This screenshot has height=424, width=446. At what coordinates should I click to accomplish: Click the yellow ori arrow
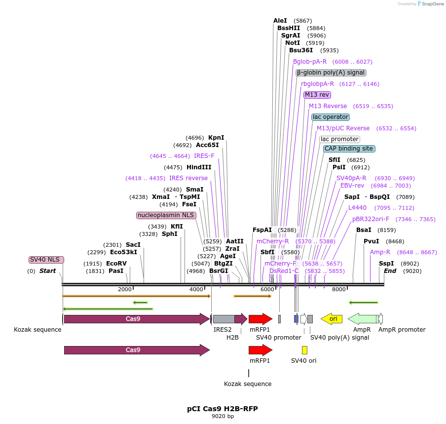pos(332,319)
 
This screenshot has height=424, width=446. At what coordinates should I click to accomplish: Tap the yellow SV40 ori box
pos(304,350)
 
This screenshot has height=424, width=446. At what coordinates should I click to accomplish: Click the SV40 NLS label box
pos(46,260)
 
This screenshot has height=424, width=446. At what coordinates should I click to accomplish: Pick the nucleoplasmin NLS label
pos(166,215)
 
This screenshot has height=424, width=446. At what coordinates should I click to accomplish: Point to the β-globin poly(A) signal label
pos(331,73)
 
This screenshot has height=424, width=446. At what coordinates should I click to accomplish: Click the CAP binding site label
pos(349,149)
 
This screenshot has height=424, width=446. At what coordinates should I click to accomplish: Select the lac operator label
pos(330,117)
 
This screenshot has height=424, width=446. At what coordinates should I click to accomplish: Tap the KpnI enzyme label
pos(216,138)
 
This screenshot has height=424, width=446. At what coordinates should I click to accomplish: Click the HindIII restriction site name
pos(199,167)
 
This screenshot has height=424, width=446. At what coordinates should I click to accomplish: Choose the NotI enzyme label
pos(293,43)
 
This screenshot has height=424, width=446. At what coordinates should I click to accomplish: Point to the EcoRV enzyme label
pos(116,264)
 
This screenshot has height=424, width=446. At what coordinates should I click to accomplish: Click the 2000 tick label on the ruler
pos(125,289)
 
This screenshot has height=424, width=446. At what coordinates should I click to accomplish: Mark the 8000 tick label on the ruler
pos(338,289)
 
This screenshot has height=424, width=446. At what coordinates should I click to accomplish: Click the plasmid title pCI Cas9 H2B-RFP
pos(223,409)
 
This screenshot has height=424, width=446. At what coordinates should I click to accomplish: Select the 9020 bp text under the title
pos(223,417)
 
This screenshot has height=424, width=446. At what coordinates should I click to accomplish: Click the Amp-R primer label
pos(380,252)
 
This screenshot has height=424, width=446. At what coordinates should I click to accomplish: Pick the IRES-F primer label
pos(204,156)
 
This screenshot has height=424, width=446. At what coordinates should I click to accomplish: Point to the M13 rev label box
pos(317,95)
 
